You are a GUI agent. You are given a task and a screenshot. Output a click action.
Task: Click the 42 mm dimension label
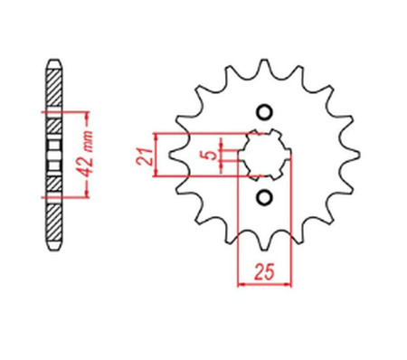tap(85, 154)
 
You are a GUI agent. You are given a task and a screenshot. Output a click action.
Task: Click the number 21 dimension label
tap(144, 156)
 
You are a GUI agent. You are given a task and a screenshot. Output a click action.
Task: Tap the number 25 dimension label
tap(264, 271)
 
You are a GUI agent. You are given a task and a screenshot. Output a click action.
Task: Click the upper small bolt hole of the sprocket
tap(265, 112)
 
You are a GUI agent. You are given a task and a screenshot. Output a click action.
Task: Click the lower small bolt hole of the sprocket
tap(265, 197)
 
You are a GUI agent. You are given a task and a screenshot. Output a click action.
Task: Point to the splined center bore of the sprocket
tap(265, 155)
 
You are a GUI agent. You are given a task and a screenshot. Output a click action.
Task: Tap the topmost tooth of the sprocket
tap(264, 65)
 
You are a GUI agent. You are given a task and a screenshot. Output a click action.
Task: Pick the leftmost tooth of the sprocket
tap(175, 155)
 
